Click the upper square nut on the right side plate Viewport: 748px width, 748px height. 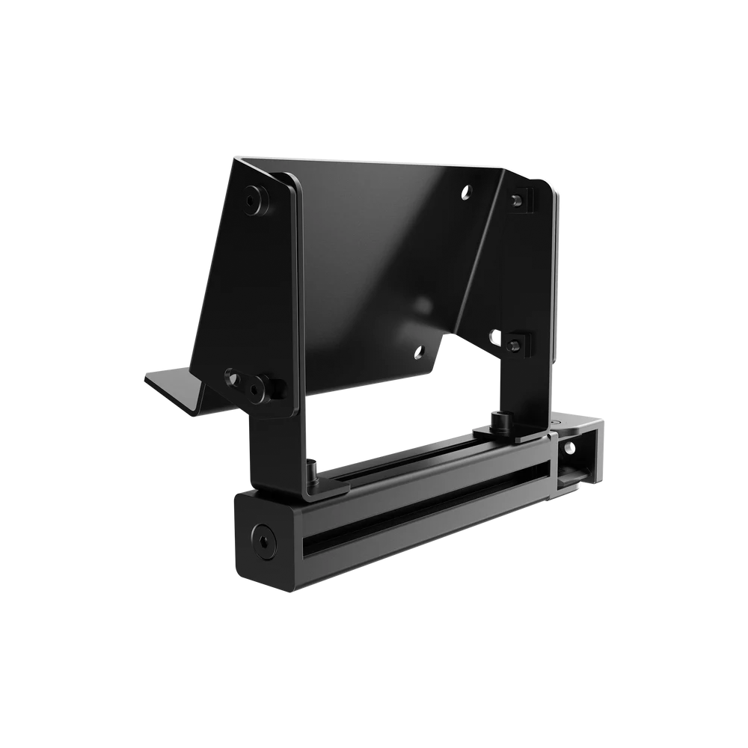518,200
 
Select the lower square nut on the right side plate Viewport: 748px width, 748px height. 515,344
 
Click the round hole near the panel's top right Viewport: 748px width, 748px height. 467,191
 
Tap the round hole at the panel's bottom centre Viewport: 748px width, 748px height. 419,351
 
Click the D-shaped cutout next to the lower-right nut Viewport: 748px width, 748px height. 495,337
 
